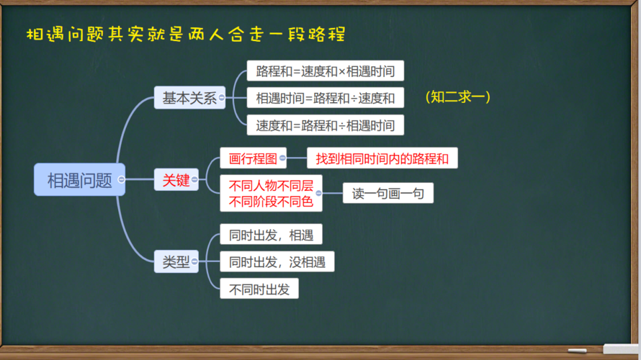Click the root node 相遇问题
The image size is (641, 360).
(x=79, y=180)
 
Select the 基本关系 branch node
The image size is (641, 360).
(x=189, y=98)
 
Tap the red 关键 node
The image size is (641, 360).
(x=176, y=180)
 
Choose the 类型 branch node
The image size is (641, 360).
(x=176, y=262)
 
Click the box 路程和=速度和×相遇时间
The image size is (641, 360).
(x=325, y=71)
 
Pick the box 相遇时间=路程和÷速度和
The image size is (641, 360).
(x=325, y=98)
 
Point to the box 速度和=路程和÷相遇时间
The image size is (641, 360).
(x=325, y=125)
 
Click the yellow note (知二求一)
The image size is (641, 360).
(x=458, y=96)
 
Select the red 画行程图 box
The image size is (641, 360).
(x=253, y=158)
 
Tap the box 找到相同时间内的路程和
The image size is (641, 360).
(x=382, y=158)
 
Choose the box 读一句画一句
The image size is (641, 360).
(x=387, y=194)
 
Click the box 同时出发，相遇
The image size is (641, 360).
(x=271, y=235)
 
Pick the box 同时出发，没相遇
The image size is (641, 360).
(x=277, y=261)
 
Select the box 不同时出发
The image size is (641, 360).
(x=259, y=289)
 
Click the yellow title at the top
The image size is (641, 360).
(x=185, y=34)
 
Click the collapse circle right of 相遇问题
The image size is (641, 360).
(x=122, y=180)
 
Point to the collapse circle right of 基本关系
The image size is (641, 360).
(x=223, y=98)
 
